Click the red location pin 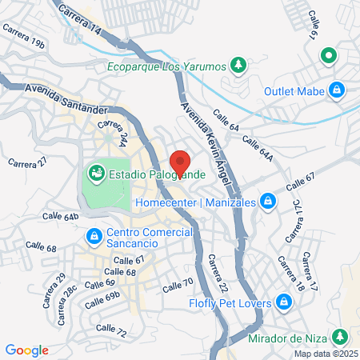point(181,162)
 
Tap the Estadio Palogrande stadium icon point(96,172)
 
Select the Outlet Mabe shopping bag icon point(338,90)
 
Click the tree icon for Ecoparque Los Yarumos point(238,65)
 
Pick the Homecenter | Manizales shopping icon point(268,202)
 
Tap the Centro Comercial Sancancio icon point(94,236)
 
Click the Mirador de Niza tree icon point(341,336)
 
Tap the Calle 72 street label point(110,329)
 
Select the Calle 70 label point(178,283)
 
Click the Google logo point(26,350)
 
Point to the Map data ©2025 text point(325,354)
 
